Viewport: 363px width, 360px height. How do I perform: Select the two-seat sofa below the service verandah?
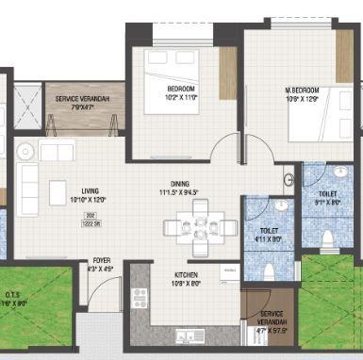[x=56, y=152]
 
